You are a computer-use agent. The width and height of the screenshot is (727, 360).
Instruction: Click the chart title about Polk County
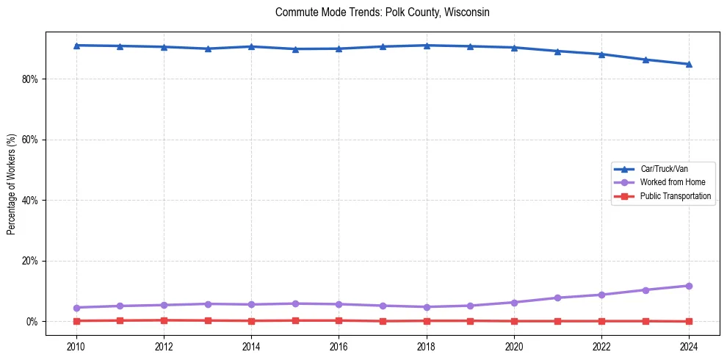(382, 12)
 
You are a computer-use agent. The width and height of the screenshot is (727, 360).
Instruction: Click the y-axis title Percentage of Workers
(11, 184)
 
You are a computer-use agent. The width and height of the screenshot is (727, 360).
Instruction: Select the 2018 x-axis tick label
(427, 346)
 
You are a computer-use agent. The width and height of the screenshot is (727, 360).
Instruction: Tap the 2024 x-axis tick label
(689, 346)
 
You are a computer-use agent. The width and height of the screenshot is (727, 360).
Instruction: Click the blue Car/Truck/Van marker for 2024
(689, 64)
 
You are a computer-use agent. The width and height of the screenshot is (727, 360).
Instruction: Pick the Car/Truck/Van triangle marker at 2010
(76, 46)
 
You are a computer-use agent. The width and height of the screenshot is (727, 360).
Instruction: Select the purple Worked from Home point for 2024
(689, 286)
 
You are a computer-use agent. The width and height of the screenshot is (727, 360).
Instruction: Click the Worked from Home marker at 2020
(514, 303)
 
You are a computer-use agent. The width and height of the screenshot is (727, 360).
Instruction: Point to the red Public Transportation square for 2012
(164, 320)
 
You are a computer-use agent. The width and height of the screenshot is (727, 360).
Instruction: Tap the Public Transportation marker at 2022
(601, 321)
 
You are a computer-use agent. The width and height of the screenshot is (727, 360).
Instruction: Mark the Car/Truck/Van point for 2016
(339, 48)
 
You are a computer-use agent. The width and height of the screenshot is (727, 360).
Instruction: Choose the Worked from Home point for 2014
(251, 304)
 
